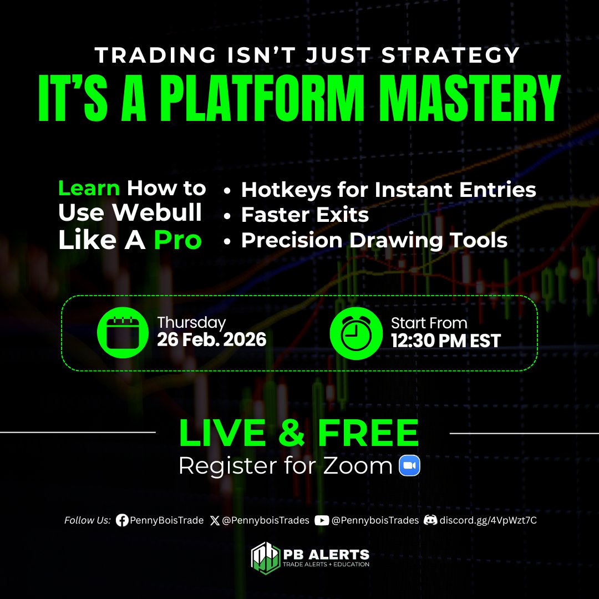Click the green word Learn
(x=89, y=189)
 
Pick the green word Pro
(x=177, y=240)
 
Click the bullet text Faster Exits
(x=304, y=215)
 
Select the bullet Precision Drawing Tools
(x=374, y=240)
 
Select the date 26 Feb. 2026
(x=211, y=340)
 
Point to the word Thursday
(x=191, y=323)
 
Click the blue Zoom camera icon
(x=410, y=466)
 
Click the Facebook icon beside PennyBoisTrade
(x=122, y=520)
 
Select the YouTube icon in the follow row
(x=321, y=520)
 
